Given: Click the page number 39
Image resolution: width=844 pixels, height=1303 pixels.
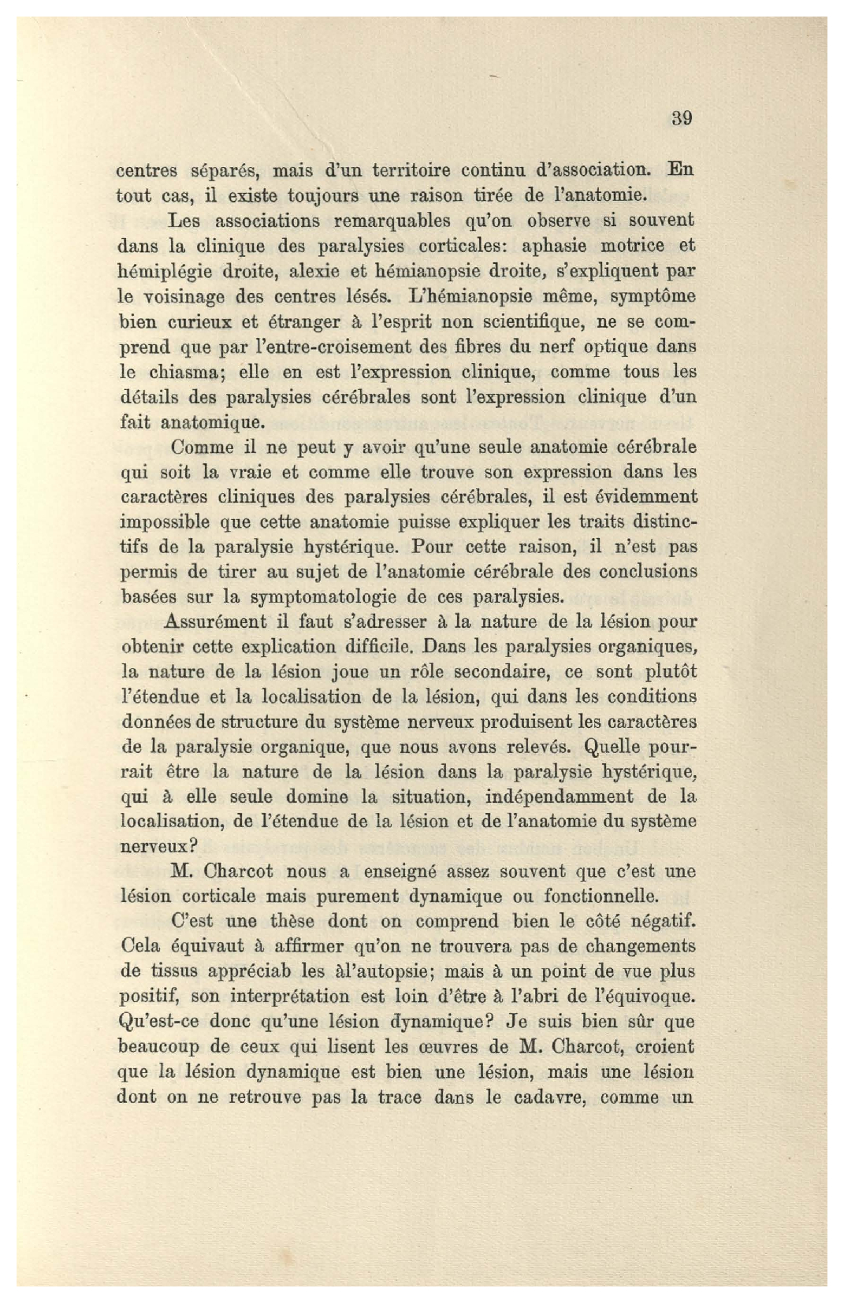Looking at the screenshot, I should click(x=682, y=119).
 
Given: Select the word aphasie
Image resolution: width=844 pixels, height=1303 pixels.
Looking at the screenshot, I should click(x=556, y=246).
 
